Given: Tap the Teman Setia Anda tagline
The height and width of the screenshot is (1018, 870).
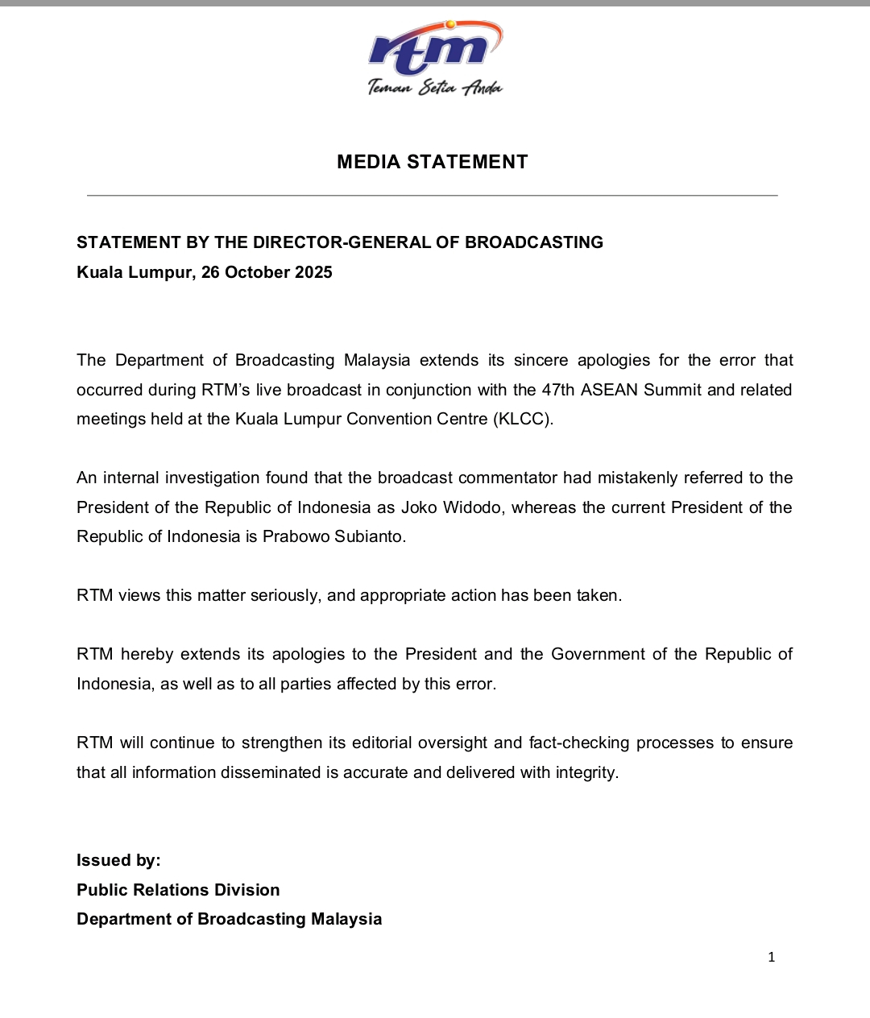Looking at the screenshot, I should [x=435, y=87].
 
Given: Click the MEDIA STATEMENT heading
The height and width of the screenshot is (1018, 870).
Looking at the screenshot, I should [x=433, y=162].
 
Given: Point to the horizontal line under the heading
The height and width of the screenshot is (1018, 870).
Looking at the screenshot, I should [x=433, y=195].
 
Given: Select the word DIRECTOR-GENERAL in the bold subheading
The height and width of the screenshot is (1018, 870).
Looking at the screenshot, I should [x=346, y=242].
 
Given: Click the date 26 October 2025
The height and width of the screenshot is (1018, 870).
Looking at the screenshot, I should [x=267, y=272].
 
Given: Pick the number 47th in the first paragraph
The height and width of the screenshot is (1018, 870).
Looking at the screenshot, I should [x=558, y=390].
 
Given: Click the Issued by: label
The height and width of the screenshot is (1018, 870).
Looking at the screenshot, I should [x=118, y=860].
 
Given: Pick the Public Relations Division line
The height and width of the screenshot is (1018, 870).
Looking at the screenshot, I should [x=178, y=890].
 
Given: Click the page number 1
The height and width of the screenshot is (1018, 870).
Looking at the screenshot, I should [x=771, y=957].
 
